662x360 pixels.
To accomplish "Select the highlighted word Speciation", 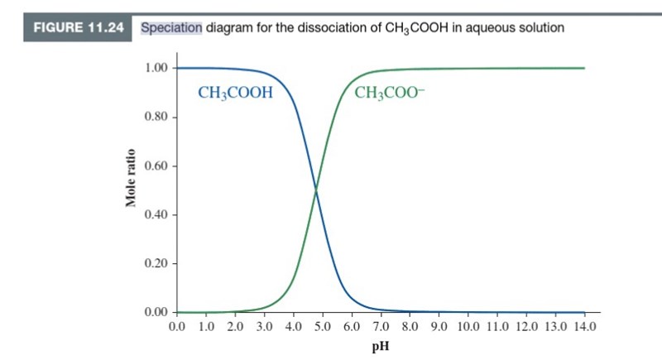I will click(x=171, y=27).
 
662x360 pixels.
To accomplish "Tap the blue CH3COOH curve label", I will click(x=236, y=92).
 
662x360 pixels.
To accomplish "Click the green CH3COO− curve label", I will click(x=387, y=92).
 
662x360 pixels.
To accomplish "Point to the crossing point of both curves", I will click(x=315, y=191).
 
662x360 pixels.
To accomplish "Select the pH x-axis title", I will click(x=381, y=345).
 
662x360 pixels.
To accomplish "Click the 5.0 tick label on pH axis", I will click(x=321, y=327).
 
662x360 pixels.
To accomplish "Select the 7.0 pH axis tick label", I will click(x=379, y=327).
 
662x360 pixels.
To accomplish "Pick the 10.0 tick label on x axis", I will click(x=467, y=327).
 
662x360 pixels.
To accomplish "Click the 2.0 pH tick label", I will click(x=234, y=327).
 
